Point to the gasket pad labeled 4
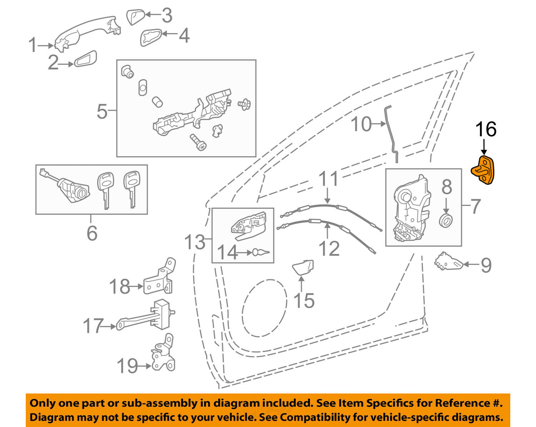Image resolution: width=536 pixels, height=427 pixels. (x=151, y=37)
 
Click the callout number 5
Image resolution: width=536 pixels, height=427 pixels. (x=102, y=112)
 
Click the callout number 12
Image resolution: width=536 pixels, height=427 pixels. (x=329, y=248)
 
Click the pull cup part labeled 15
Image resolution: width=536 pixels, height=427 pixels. (x=303, y=267)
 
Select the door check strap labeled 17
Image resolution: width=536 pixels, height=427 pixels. (x=147, y=317)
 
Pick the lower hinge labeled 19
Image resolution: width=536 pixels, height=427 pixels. (x=163, y=357)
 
